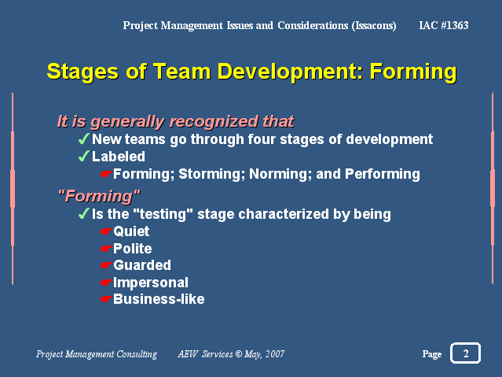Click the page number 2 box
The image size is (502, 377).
point(465,353)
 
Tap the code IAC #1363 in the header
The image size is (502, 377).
point(444,25)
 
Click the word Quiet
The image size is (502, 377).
point(131,231)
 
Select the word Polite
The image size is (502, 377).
point(133,249)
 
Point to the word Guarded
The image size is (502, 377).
point(142,265)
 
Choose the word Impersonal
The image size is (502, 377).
point(151,283)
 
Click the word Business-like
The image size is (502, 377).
point(159,299)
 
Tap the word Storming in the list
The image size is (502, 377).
point(211,174)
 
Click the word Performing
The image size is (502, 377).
point(383,174)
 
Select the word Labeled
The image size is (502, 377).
point(119,157)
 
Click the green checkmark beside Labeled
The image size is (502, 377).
point(83,156)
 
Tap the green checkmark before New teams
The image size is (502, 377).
point(83,139)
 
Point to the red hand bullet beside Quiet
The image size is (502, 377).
point(105,231)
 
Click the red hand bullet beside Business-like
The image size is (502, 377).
point(105,299)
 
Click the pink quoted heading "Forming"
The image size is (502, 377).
point(99,196)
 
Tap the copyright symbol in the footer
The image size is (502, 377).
point(239,354)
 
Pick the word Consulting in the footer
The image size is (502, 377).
point(137,354)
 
